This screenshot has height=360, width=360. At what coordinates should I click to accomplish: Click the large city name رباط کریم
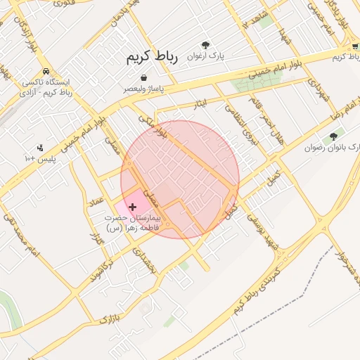click(x=153, y=57)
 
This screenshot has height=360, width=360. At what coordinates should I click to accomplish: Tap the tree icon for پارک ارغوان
click(x=205, y=44)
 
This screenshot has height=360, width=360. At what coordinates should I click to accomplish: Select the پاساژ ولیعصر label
click(x=143, y=89)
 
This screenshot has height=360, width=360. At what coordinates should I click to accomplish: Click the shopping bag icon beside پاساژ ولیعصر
click(x=143, y=77)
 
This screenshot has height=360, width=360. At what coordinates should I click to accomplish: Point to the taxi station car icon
click(x=46, y=71)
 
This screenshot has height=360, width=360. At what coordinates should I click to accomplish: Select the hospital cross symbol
click(x=133, y=207)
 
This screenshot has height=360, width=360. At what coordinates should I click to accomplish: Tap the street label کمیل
click(x=273, y=176)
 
